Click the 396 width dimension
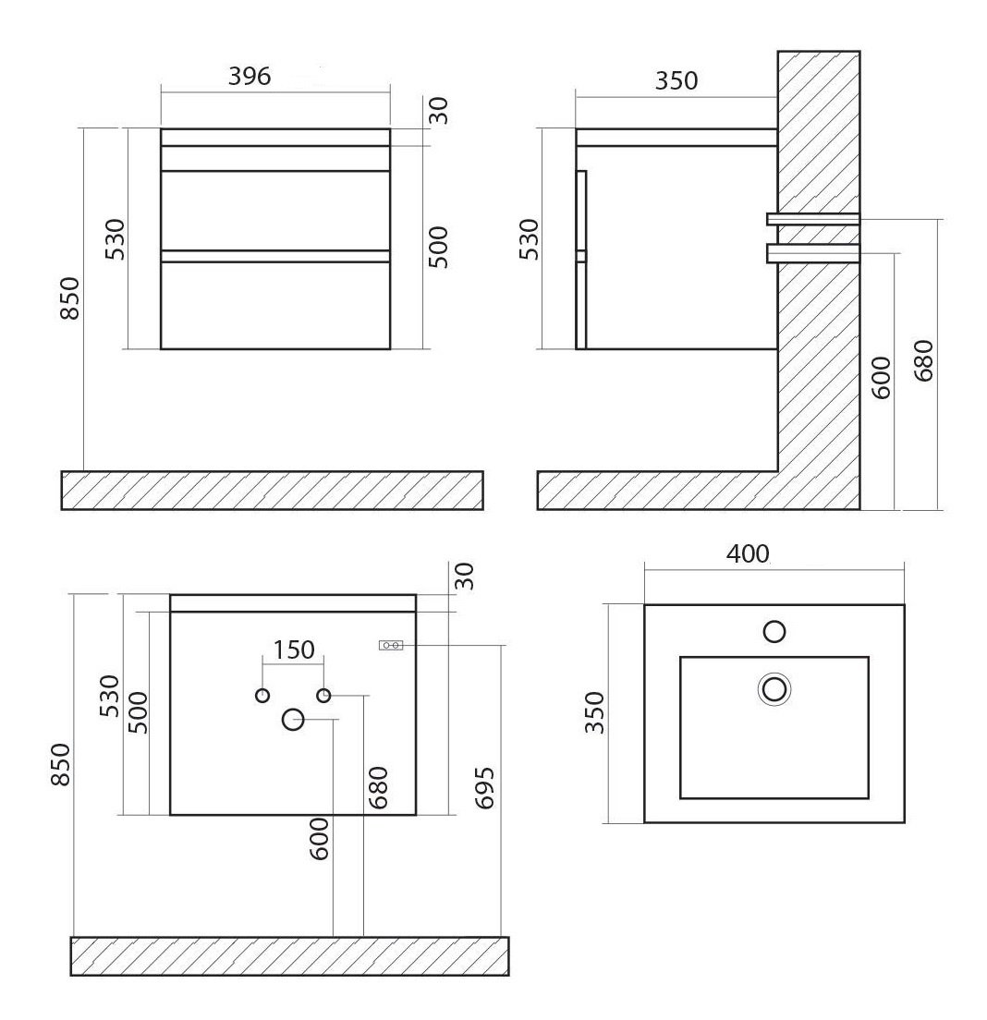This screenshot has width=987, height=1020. click(250, 77)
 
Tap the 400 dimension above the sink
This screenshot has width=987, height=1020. click(748, 553)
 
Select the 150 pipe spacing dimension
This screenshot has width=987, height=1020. click(294, 650)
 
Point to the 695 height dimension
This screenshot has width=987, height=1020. click(485, 788)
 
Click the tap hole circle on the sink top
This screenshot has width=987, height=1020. click(774, 631)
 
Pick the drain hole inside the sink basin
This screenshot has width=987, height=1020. click(774, 688)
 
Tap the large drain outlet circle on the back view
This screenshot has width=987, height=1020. click(293, 719)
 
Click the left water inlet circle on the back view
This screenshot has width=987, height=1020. click(262, 696)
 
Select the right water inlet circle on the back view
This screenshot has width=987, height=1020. click(323, 696)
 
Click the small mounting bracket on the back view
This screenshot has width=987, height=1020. click(390, 645)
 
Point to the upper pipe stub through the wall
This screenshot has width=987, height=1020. click(813, 219)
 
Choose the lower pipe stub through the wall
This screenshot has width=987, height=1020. click(813, 252)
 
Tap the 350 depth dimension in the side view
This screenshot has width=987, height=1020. click(676, 80)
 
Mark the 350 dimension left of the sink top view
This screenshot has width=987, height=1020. click(594, 712)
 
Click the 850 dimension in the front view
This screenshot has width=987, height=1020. click(69, 297)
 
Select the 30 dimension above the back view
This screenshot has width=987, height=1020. click(465, 576)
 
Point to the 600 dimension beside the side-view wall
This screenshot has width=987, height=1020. click(881, 377)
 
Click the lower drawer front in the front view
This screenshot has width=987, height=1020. click(275, 305)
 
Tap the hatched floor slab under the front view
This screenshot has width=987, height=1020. click(272, 490)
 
